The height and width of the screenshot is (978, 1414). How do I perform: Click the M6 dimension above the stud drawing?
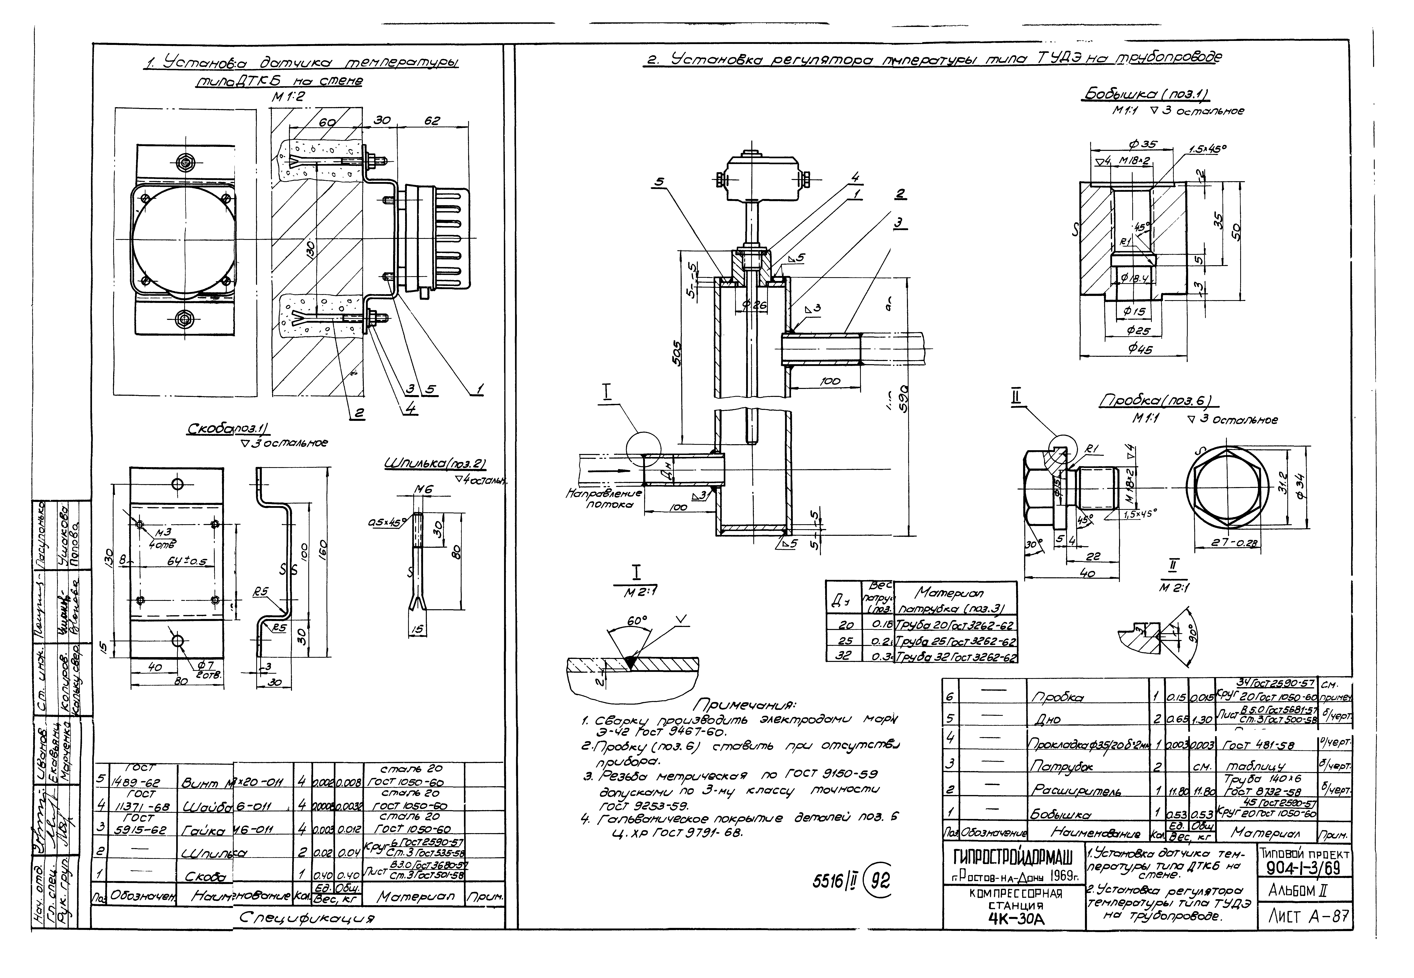pos(420,489)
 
